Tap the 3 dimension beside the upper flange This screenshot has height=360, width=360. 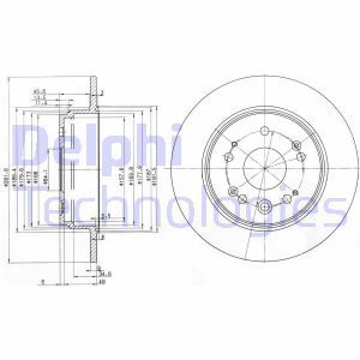click(x=103, y=94)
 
